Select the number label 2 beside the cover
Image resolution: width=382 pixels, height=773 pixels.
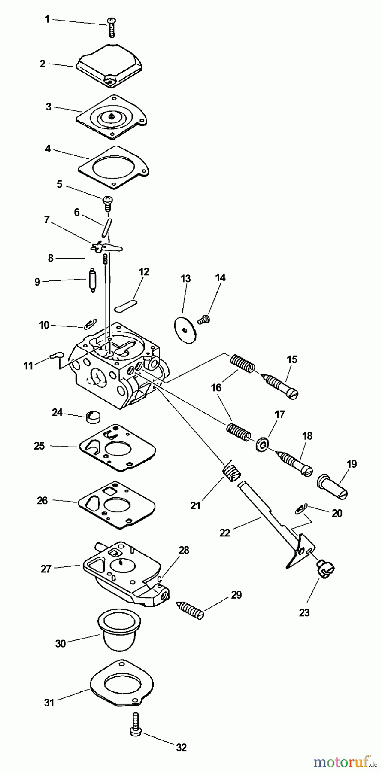click(42, 64)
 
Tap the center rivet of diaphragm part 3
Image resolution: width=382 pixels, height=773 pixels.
click(111, 115)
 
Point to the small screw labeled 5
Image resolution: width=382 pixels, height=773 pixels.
click(107, 202)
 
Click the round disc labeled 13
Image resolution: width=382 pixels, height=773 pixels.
click(185, 330)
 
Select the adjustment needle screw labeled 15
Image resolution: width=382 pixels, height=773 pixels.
click(281, 386)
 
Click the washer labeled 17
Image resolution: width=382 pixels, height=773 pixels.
click(261, 444)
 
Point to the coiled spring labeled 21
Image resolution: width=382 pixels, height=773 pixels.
click(231, 472)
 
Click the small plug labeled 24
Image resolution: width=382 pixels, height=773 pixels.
click(92, 416)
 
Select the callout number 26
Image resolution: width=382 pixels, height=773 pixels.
click(42, 500)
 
